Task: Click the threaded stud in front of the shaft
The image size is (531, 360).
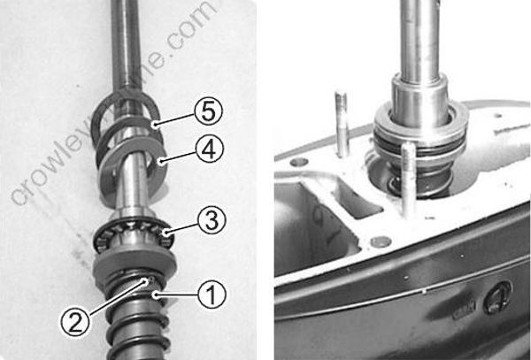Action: pyautogui.click(x=407, y=181)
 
